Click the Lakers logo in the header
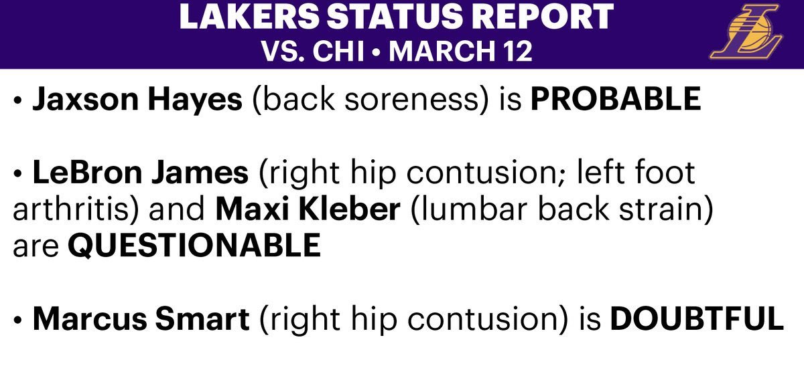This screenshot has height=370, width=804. click(x=746, y=31)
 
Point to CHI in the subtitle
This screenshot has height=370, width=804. click(x=338, y=51)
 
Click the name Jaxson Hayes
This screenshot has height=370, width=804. click(x=137, y=99)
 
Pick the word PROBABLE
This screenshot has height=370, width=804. click(x=616, y=98)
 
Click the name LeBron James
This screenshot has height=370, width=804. click(x=140, y=173)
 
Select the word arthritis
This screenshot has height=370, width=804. click(x=71, y=209)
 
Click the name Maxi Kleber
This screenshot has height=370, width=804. click(x=308, y=209)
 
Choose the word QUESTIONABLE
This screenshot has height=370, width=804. click(x=194, y=246)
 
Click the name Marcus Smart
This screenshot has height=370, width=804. click(x=141, y=318)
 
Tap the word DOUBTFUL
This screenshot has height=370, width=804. click(x=697, y=318)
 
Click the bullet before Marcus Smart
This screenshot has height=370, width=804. click(x=17, y=319)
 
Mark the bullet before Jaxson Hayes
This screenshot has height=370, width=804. click(x=17, y=100)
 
